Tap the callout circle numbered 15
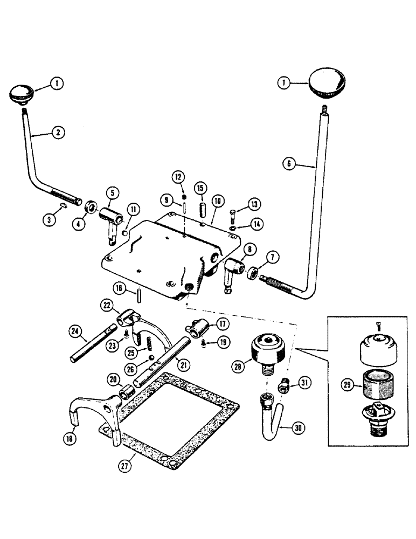click(200, 189)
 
